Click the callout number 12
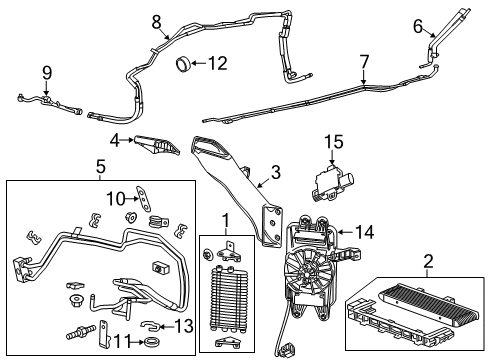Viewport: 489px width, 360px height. point(218,64)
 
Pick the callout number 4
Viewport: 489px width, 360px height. point(116,140)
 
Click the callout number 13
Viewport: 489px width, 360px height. point(182,326)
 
